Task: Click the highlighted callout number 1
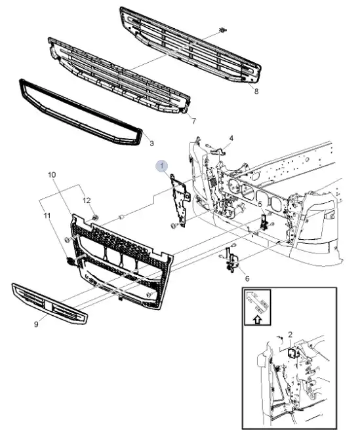162,166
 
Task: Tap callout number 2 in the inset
290,334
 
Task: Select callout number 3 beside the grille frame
151,143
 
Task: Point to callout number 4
231,138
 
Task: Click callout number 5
260,204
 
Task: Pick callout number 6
247,278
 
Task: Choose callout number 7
193,121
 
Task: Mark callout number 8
256,91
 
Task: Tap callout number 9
36,324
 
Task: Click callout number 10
52,175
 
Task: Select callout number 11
47,216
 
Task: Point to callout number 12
87,200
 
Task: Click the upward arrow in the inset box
258,320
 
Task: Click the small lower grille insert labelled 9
49,303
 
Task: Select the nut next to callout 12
95,218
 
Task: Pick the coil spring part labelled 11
71,261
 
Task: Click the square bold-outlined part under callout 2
292,353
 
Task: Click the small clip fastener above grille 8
222,30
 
